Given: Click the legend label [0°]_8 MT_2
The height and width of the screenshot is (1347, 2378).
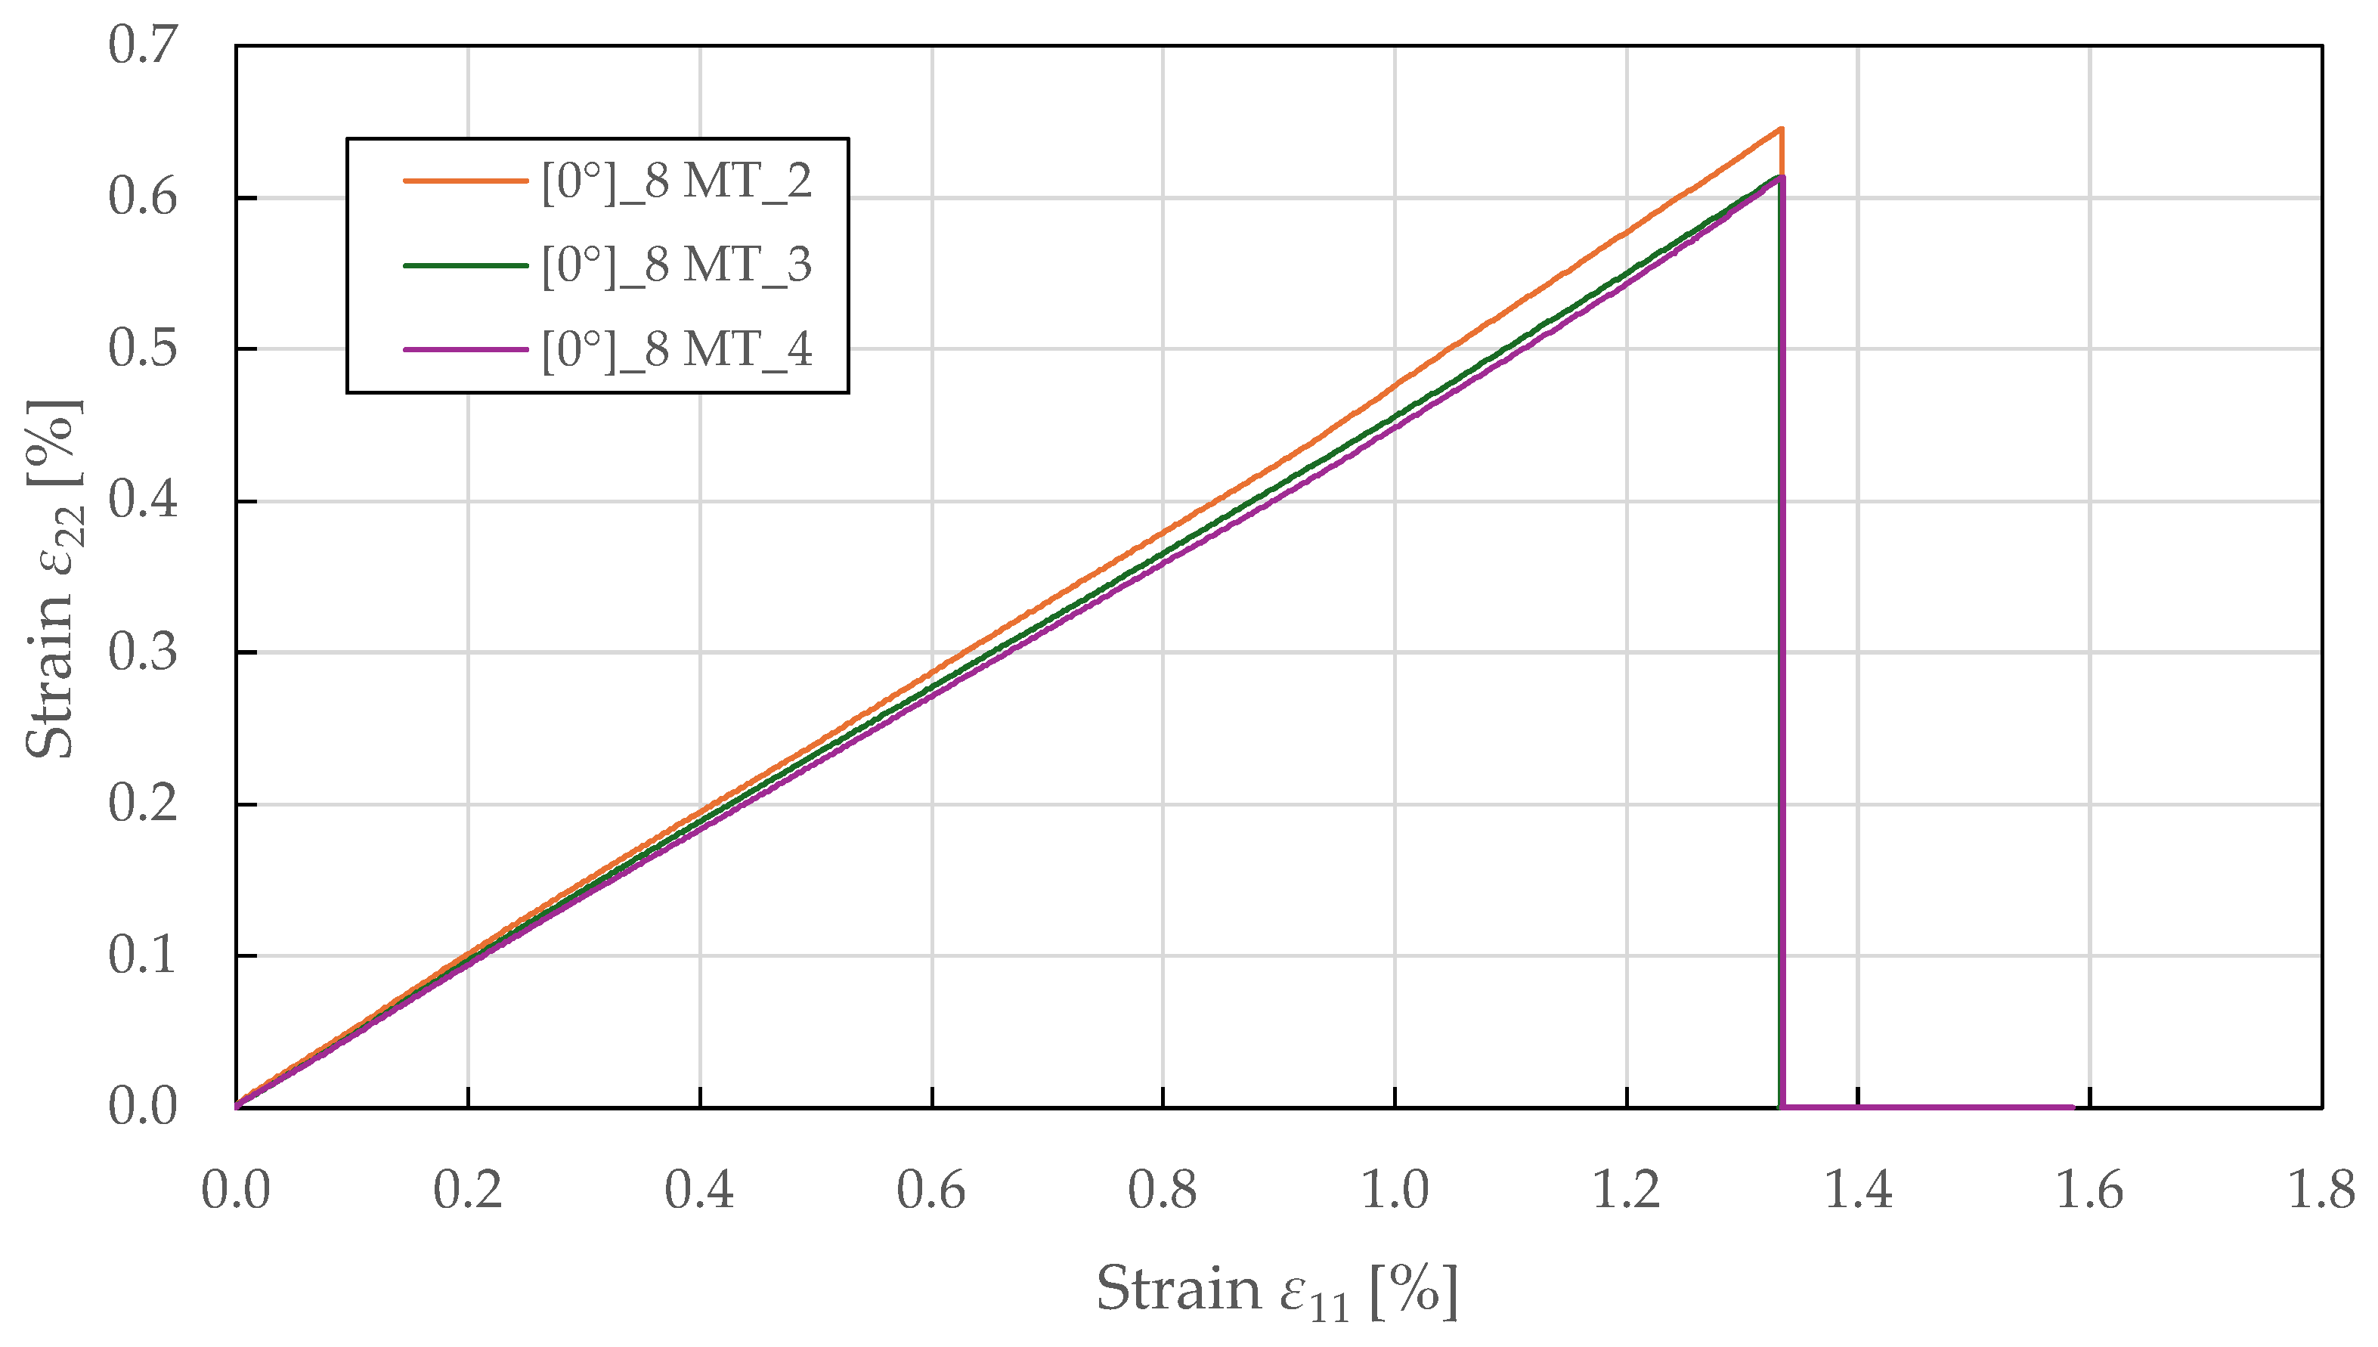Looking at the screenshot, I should pyautogui.click(x=676, y=181).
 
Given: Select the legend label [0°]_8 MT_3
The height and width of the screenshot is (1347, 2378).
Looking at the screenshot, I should pyautogui.click(x=676, y=265).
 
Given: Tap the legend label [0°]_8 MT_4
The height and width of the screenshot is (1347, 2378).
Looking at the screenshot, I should pyautogui.click(x=676, y=350).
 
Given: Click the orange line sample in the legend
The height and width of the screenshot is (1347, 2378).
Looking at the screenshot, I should pyautogui.click(x=465, y=181).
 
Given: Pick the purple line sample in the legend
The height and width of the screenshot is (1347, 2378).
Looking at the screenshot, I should pyautogui.click(x=465, y=350).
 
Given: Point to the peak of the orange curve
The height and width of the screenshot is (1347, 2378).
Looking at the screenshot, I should pyautogui.click(x=1781, y=129).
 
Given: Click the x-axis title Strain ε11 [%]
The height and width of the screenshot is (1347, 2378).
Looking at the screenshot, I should pyautogui.click(x=1277, y=1290).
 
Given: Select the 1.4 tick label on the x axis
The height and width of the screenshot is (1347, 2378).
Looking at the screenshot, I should pyautogui.click(x=1858, y=1190).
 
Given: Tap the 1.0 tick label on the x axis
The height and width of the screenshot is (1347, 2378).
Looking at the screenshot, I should pyautogui.click(x=1395, y=1190).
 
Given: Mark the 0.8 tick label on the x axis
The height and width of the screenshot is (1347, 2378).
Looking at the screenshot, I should pyautogui.click(x=1163, y=1190).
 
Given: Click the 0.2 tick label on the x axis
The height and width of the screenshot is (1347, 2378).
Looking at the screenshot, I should pyautogui.click(x=468, y=1190).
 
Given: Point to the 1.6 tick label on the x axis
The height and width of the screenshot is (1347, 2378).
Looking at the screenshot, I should pyautogui.click(x=2089, y=1190).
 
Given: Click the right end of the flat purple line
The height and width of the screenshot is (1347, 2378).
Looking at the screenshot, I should pyautogui.click(x=2073, y=1107).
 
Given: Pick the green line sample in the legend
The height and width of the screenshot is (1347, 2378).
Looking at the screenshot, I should pyautogui.click(x=465, y=265).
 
